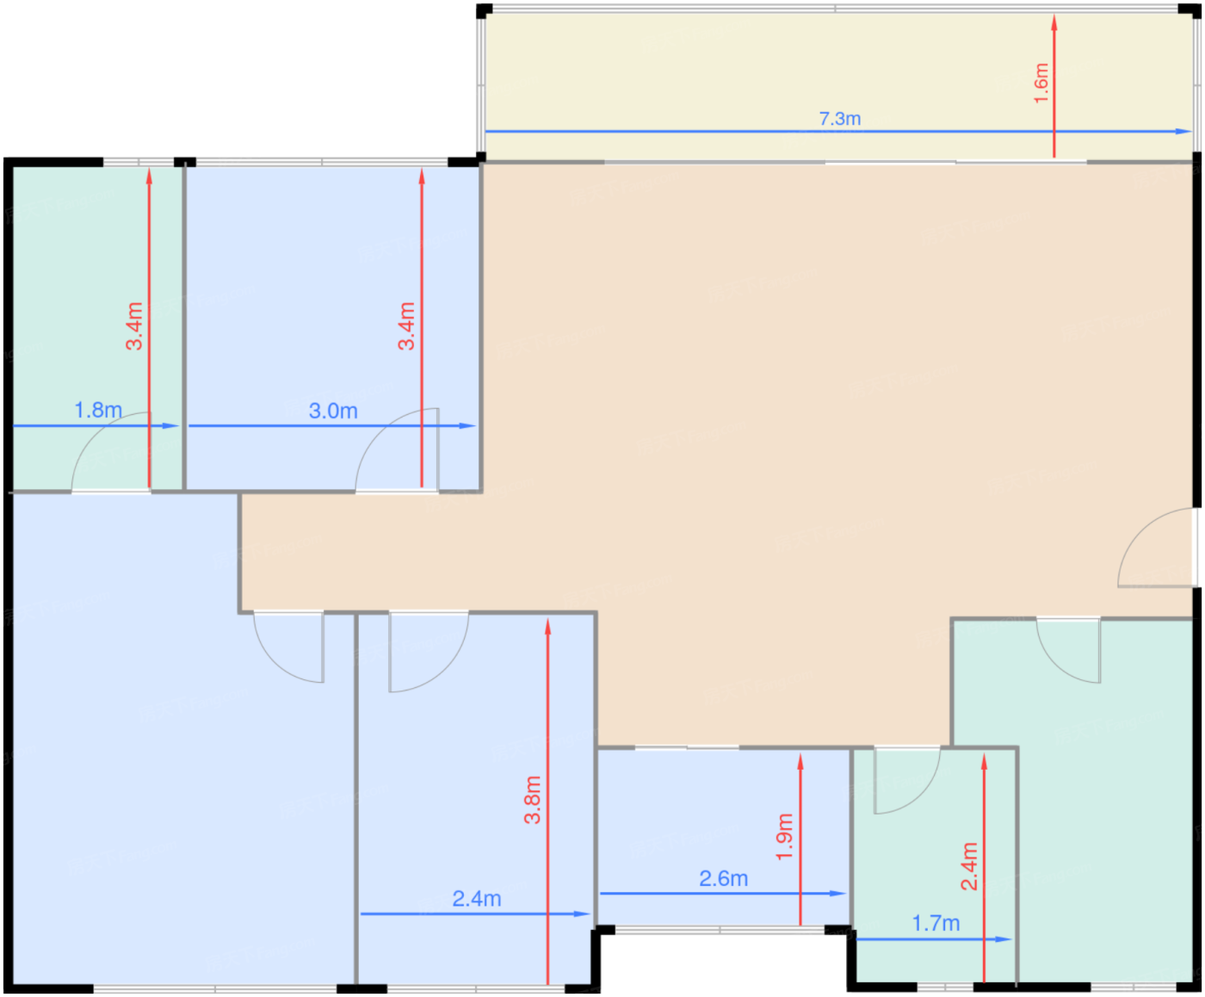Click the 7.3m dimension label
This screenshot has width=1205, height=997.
840,119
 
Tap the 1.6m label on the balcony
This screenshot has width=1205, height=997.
1041,84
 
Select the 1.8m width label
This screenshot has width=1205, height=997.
98,410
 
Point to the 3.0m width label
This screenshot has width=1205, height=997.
333,411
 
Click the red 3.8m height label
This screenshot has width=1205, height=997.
532,800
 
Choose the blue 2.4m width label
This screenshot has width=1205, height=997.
477,898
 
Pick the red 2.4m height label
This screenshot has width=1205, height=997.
969,866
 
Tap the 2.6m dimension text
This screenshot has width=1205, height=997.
724,879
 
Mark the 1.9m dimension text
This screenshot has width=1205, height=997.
785,837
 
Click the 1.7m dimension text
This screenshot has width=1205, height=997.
936,923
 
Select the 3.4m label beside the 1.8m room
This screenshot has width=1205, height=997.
134,325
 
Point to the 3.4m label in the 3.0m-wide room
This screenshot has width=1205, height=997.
406,325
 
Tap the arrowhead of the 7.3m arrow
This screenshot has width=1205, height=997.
1183,132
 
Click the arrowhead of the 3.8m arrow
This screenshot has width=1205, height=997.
547,627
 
